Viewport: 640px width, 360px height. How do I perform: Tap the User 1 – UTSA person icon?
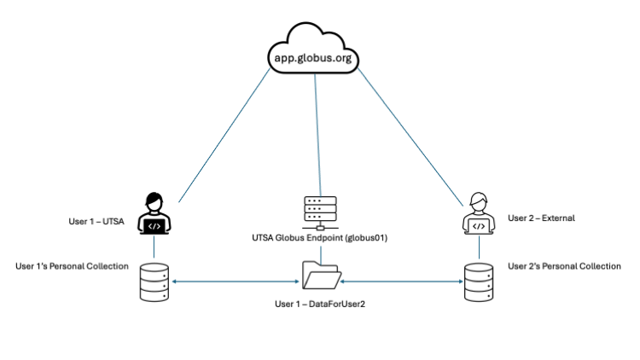pos(154,212)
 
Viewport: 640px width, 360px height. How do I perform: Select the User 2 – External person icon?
pos(479,213)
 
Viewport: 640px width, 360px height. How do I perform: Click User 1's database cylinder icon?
pos(154,282)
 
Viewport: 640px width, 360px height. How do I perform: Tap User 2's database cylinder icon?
pos(479,282)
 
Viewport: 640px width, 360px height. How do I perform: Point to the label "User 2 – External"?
pos(541,218)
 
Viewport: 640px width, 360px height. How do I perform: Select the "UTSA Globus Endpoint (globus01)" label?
pos(321,238)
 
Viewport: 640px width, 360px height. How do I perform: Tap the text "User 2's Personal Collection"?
pos(564,266)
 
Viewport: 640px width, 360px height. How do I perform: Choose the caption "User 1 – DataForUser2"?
pos(320,304)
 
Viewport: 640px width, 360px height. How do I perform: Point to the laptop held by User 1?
pos(154,226)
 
